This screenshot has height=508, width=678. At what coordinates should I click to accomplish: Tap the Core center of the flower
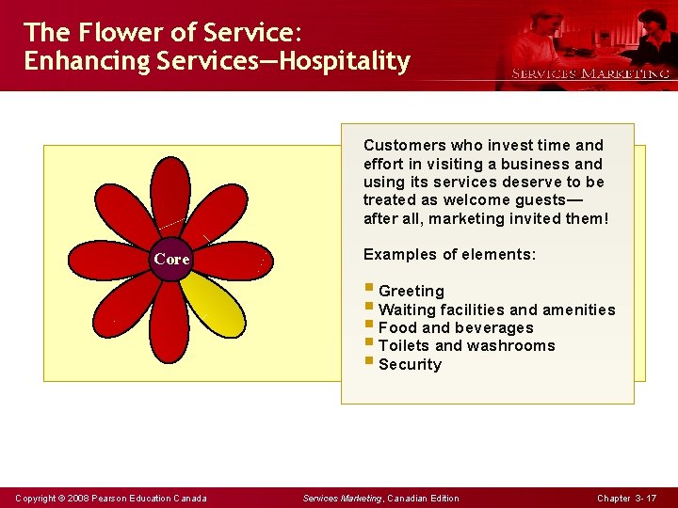point(171,259)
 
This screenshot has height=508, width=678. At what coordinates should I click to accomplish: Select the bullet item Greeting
point(411,292)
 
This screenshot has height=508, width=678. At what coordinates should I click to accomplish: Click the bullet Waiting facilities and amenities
point(496,310)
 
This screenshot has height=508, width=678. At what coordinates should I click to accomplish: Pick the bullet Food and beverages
point(456,328)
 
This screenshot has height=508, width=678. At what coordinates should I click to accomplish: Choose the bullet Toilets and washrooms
point(466,346)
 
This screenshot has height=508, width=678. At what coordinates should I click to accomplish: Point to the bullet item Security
point(410,365)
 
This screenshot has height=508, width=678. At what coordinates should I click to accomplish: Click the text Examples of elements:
point(449,254)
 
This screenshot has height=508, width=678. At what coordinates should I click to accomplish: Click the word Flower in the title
point(115,32)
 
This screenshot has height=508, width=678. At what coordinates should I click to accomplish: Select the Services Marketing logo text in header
point(590,73)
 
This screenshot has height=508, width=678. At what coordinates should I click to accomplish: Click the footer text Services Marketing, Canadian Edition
point(380,498)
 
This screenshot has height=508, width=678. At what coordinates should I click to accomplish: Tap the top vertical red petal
point(170,198)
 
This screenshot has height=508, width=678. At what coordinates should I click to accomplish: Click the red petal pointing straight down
point(169,320)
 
